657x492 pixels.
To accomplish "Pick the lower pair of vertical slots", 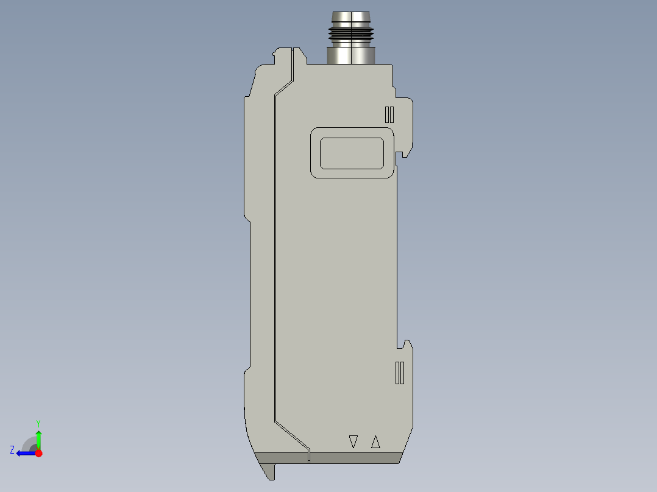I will pos(400,373).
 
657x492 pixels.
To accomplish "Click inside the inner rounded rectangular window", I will pos(352,153).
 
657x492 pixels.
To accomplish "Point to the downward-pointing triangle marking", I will pos(353,441).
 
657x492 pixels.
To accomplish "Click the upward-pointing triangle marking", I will pos(375,441).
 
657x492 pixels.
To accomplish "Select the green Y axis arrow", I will pos(38,437).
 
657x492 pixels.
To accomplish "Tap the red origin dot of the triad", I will pos(38,453).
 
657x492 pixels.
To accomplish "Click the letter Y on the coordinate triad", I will pos(38,423).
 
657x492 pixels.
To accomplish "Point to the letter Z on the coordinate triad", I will pos(12,450).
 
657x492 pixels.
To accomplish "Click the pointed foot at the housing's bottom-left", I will pos(268,470).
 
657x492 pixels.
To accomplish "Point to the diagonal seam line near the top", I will pos(284,86).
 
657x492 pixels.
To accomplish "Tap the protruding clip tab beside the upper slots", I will pos(407,125).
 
